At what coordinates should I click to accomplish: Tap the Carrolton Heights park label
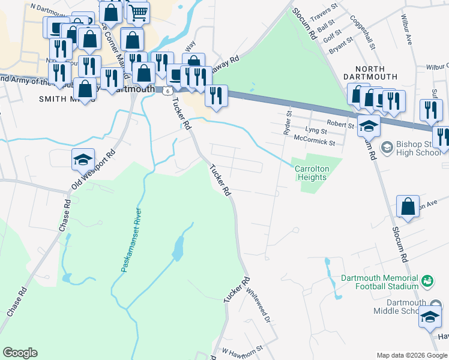click(x=311, y=173)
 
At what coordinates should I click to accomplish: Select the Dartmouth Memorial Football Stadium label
click(x=379, y=283)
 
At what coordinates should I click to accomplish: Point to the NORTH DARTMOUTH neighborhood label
click(x=370, y=77)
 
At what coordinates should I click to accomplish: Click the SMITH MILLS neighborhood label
click(x=60, y=98)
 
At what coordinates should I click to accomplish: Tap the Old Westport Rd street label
click(x=94, y=170)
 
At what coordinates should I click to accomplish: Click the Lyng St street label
click(x=316, y=130)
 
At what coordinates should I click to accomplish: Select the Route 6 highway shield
click(x=169, y=89)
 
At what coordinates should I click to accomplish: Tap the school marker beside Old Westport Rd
click(x=83, y=160)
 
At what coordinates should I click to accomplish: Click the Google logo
click(x=20, y=353)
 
